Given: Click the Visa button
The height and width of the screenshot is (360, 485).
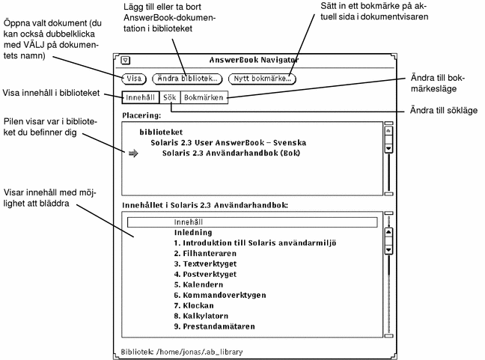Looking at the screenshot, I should pos(134,78).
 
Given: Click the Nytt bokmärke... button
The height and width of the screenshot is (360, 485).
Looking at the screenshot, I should pos(261,78).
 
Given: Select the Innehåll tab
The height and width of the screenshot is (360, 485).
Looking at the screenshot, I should pos(143,97).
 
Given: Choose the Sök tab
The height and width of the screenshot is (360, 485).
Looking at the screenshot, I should pos(171,97).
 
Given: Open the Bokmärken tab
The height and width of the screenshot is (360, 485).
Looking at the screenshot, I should pos(204,97).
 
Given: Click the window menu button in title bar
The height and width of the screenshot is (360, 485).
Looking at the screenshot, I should pos(126,60).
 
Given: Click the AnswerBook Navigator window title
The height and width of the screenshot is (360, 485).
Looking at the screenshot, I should pos(254,59).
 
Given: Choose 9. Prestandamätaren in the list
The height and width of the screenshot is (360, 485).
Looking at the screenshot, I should pos(214,326).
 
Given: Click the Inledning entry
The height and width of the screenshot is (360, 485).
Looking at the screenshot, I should pos(194,233).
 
